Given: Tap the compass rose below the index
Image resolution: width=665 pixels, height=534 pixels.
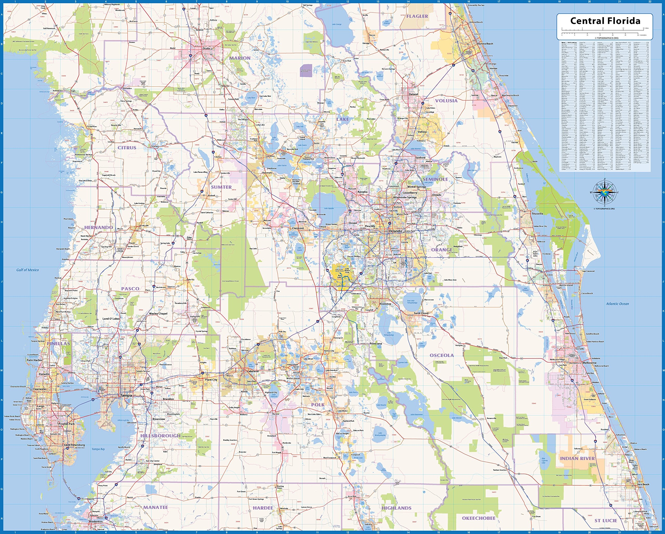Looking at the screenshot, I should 604,192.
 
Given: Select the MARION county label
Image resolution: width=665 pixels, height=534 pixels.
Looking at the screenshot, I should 240,58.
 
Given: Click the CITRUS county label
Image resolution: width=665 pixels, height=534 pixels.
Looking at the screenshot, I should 127,148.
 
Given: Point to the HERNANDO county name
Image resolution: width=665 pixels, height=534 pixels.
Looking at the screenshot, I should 99,228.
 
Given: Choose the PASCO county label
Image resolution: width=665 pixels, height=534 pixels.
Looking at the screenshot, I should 130,289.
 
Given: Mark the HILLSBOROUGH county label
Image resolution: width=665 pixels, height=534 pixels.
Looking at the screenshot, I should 160,436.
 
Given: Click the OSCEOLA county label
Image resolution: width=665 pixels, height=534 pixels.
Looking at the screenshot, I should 442,355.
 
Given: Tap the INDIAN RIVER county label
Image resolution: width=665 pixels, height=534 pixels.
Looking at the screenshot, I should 577,458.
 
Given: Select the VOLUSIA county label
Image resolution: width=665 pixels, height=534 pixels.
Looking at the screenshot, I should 446,101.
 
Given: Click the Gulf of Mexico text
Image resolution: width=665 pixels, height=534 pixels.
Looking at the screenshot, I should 28,270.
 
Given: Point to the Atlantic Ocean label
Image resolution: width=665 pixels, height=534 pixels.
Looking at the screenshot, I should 617,303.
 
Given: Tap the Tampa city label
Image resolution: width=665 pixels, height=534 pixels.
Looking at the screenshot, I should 126,395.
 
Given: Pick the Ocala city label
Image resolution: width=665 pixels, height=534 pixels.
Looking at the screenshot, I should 206,48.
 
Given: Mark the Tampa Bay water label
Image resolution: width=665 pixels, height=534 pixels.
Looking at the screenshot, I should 98,449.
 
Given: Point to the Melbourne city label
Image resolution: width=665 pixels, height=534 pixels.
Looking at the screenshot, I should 589,363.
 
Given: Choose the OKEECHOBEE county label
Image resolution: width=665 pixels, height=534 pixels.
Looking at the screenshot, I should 478,518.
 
